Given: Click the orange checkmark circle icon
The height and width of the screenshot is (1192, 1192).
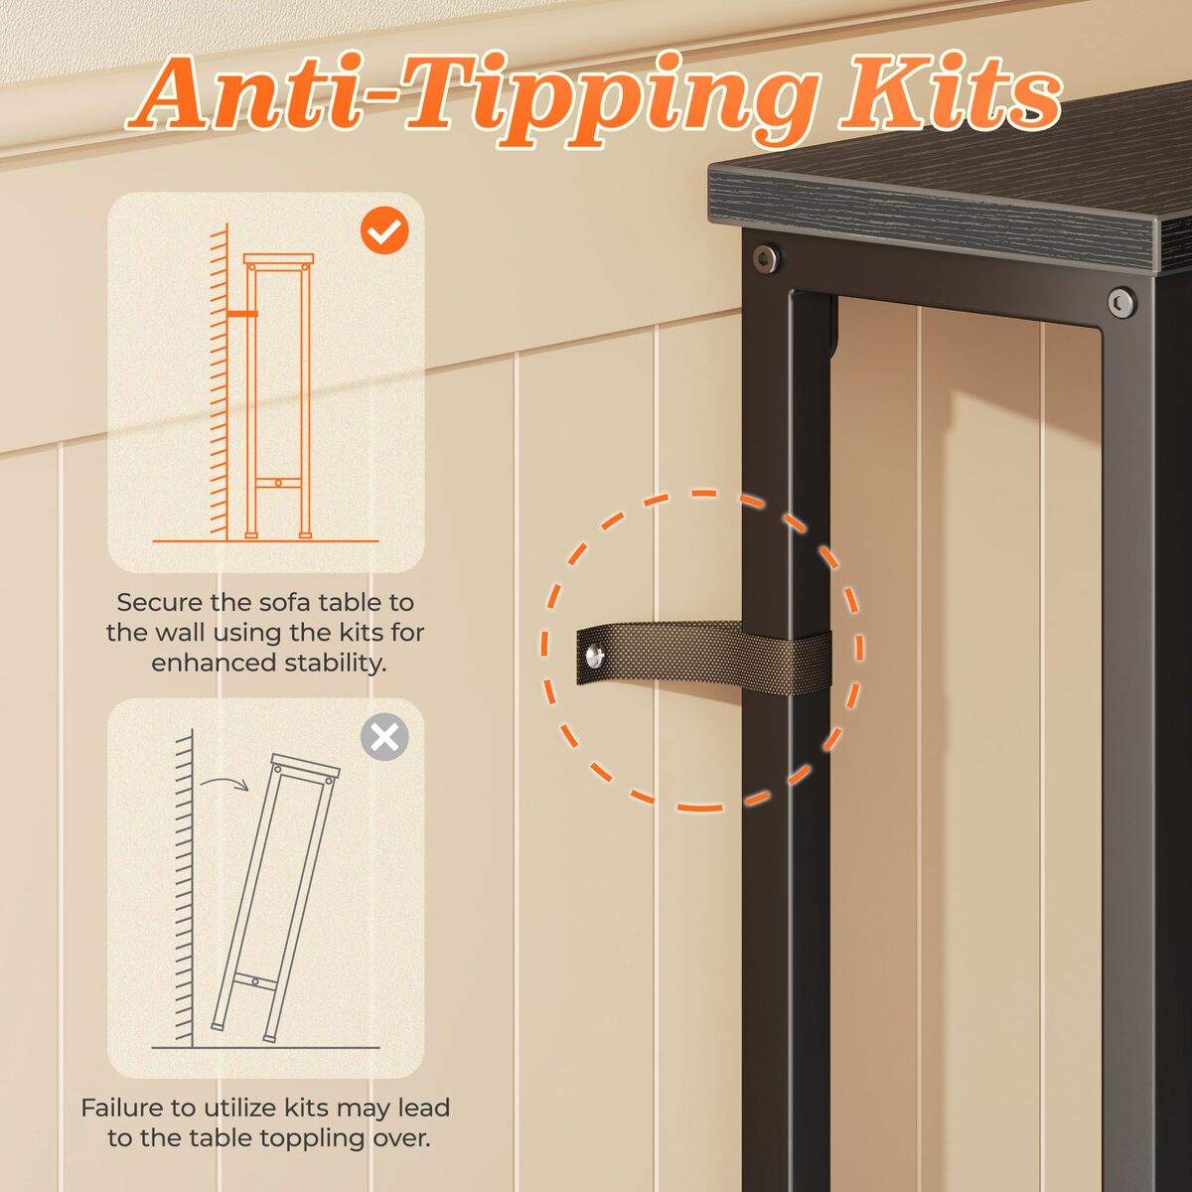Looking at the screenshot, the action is coord(384,230).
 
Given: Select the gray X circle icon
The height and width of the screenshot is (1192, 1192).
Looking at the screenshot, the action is coord(384,737).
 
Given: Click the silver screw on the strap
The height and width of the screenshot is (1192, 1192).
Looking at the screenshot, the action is coord(595,656).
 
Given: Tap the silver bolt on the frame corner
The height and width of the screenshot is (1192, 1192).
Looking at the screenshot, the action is coord(1121,302).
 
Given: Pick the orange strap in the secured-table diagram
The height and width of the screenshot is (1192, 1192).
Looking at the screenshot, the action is coord(241,314).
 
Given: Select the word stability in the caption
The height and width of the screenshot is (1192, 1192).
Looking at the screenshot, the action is coord(336,664).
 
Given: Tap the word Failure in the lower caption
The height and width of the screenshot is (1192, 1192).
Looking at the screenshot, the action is coord(122,1108).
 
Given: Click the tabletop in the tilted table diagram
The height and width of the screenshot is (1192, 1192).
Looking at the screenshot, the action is coord(306,766).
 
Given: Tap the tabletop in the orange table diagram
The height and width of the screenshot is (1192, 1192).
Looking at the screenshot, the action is coord(278,258).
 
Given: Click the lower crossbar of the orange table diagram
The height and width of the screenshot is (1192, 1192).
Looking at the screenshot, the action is coord(278,483).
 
